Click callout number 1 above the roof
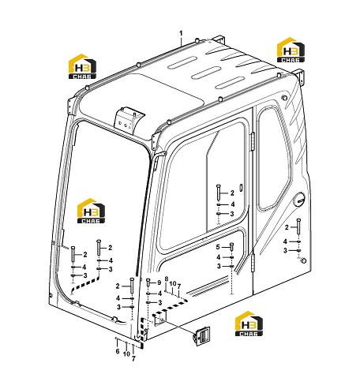(181, 33)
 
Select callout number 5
(218, 247)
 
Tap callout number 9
(159, 282)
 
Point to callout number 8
(167, 279)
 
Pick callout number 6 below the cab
(118, 351)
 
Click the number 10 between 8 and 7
(173, 283)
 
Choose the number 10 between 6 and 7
(126, 354)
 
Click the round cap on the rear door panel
(299, 200)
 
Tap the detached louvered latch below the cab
(202, 336)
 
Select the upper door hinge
(253, 141)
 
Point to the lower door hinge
(253, 264)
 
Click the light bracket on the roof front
(129, 119)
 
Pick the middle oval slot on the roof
(206, 73)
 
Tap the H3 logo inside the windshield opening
(91, 211)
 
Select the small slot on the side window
(241, 187)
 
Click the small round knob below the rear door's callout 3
(303, 260)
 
